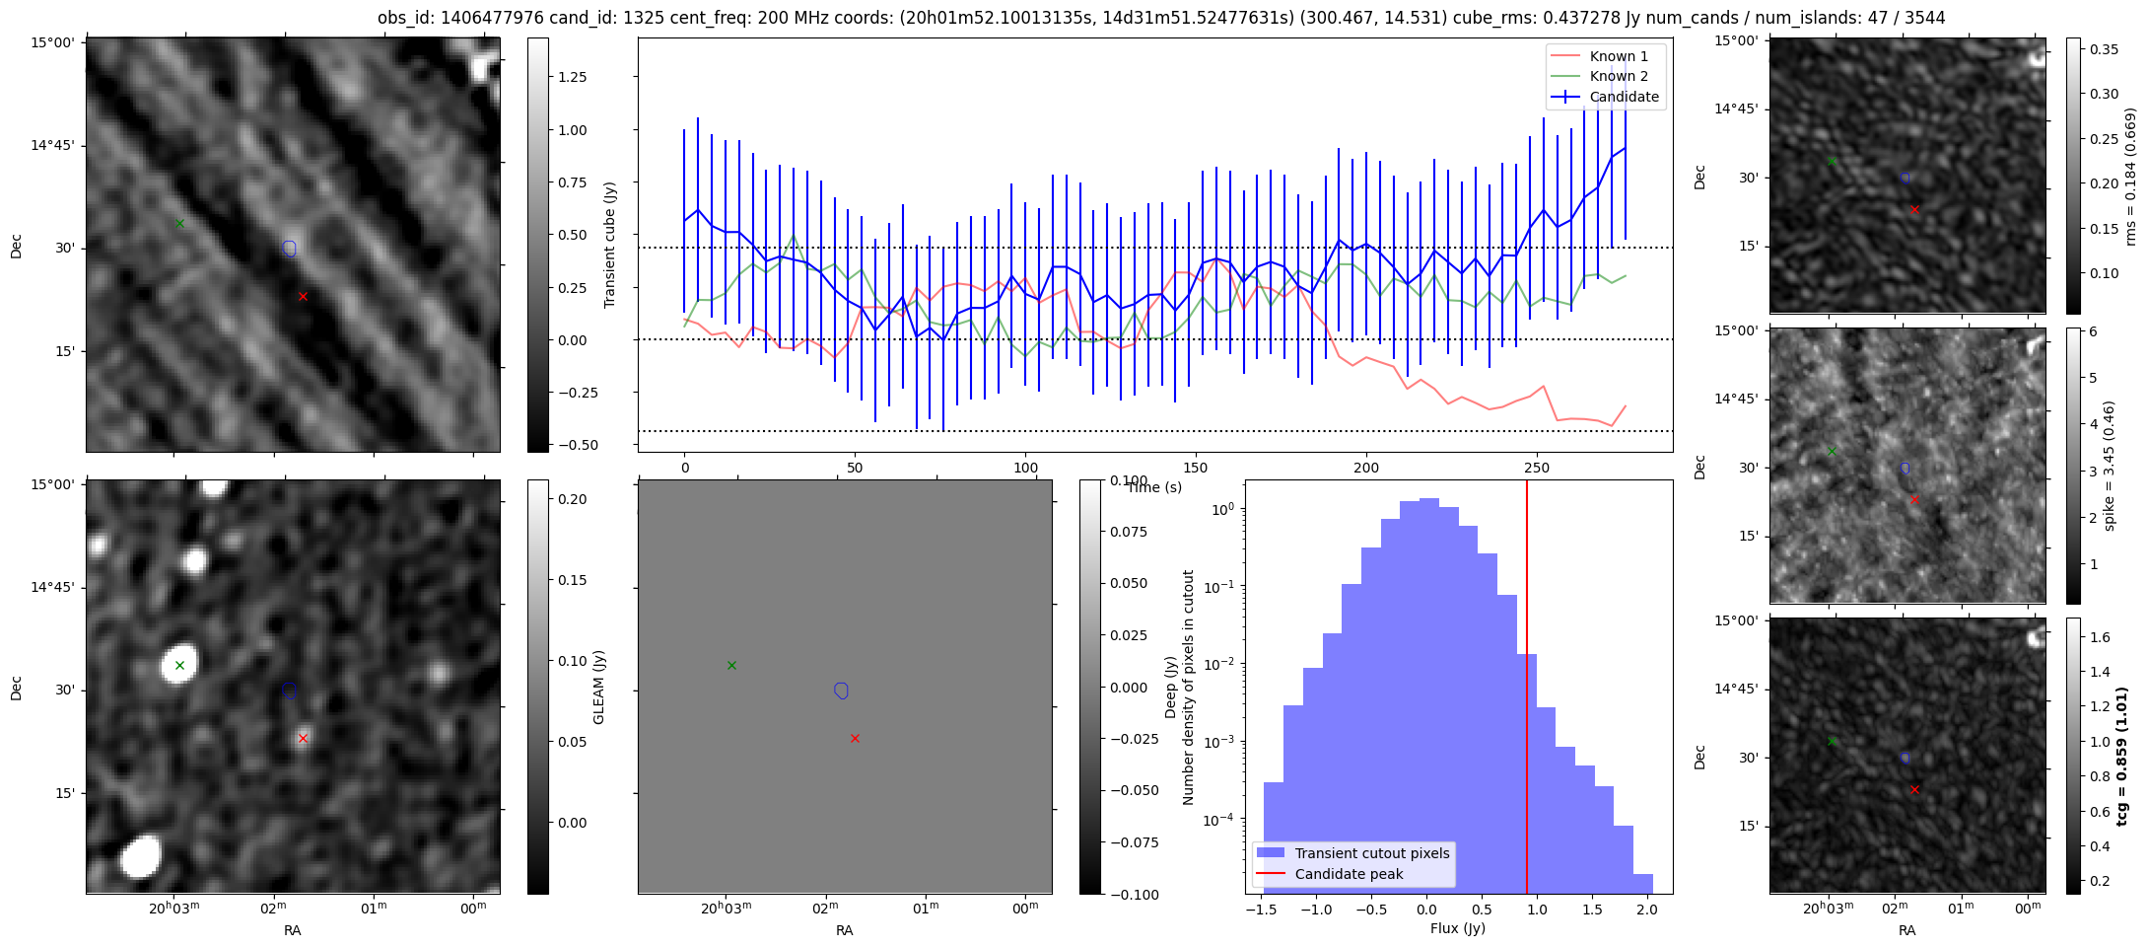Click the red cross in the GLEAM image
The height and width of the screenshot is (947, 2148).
(303, 738)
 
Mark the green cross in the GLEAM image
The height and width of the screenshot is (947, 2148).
(179, 665)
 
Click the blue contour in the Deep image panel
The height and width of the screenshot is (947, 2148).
(841, 691)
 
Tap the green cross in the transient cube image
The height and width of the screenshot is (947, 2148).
(179, 223)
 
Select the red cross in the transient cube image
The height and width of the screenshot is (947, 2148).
(303, 296)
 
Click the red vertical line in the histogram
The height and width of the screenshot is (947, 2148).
(1527, 691)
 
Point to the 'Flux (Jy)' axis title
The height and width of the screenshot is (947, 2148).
(1457, 928)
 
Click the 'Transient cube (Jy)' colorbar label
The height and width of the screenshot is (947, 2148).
(610, 245)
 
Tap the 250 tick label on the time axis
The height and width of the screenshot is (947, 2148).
(1537, 468)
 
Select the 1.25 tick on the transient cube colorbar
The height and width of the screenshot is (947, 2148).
(573, 77)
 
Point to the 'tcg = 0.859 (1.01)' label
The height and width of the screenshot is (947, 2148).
(2122, 756)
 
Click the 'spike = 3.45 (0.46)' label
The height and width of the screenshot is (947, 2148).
(2109, 466)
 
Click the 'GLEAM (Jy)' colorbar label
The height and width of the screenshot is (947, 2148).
(598, 688)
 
